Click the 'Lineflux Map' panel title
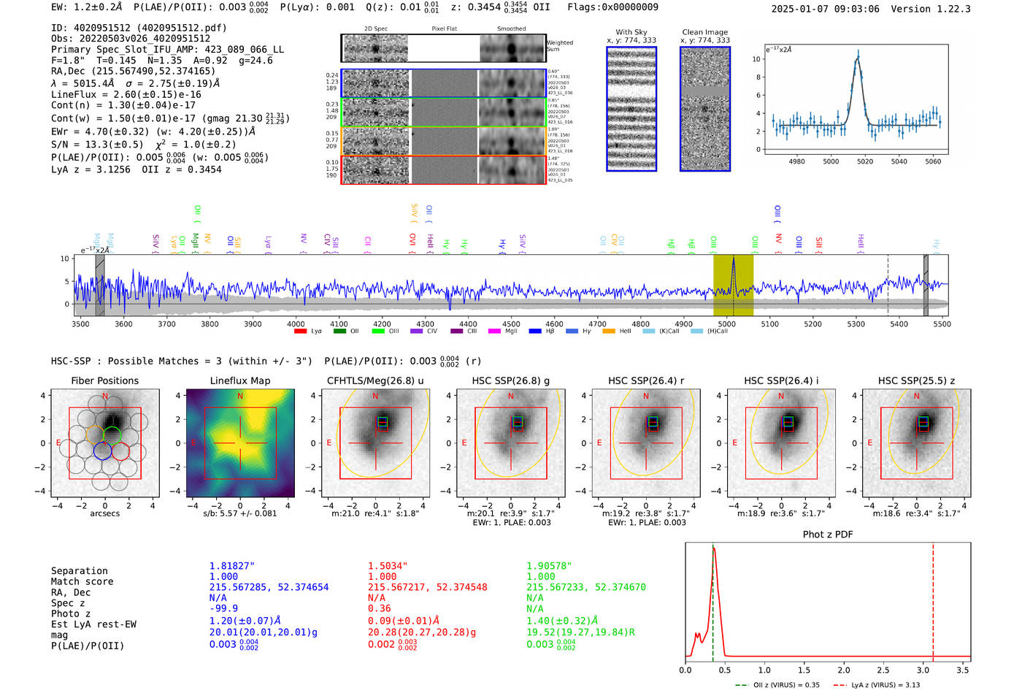click(239, 380)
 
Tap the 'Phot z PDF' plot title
click(827, 535)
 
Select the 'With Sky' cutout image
click(631, 109)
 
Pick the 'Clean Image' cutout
click(705, 109)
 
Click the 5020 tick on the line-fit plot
click(865, 161)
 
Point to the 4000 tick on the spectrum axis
click(296, 324)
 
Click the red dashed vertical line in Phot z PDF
click(933, 599)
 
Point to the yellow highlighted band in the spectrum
click(733, 286)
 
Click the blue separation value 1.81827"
click(231, 566)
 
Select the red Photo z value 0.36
click(379, 608)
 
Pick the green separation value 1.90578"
click(549, 566)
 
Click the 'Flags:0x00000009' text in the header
click(612, 7)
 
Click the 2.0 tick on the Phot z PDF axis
click(843, 670)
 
